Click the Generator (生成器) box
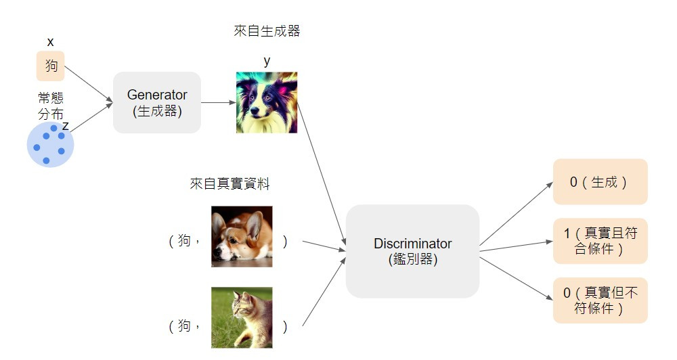click(x=156, y=102)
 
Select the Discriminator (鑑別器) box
click(x=412, y=251)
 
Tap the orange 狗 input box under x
click(x=51, y=66)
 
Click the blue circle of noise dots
click(x=50, y=145)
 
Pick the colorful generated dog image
click(x=267, y=102)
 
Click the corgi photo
click(x=242, y=236)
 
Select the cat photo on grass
click(x=242, y=317)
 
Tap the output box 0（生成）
click(x=600, y=182)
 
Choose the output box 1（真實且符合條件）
click(x=600, y=241)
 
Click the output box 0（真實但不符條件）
click(x=600, y=300)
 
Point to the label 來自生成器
click(x=267, y=31)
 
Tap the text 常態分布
click(x=51, y=106)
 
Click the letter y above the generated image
click(x=267, y=61)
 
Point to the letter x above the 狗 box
click(x=50, y=42)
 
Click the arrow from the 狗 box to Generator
click(x=89, y=85)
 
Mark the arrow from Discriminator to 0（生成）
click(x=517, y=213)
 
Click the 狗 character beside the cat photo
click(x=184, y=327)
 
